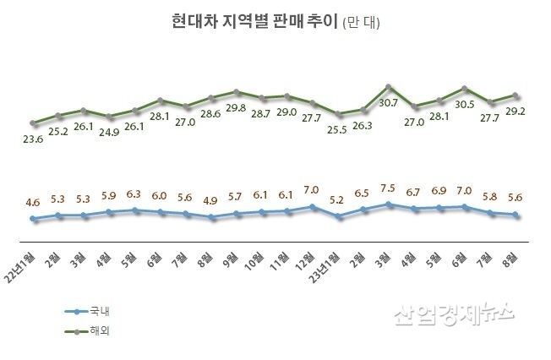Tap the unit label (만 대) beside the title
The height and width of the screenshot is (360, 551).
click(361, 24)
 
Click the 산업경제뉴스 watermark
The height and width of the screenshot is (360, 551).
click(453, 314)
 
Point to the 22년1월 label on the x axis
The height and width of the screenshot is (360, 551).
click(25, 259)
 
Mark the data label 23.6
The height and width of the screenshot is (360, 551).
click(32, 141)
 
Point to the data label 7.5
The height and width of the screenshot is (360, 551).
click(389, 188)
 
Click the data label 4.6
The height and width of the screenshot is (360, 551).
click(32, 203)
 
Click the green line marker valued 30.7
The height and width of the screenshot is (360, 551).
click(388, 87)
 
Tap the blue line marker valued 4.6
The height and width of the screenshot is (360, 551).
click(33, 219)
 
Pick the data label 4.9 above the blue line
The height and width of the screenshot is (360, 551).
click(210, 201)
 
